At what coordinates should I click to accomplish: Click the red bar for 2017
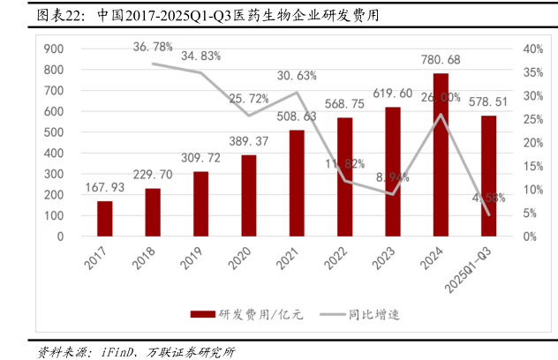[105, 219]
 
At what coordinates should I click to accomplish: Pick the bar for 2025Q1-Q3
[488, 176]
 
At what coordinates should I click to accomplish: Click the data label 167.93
[105, 187]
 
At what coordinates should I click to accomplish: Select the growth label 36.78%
[154, 46]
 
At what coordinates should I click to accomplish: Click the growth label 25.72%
[249, 98]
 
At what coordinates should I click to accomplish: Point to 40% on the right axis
[532, 49]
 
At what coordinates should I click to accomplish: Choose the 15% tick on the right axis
[532, 166]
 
